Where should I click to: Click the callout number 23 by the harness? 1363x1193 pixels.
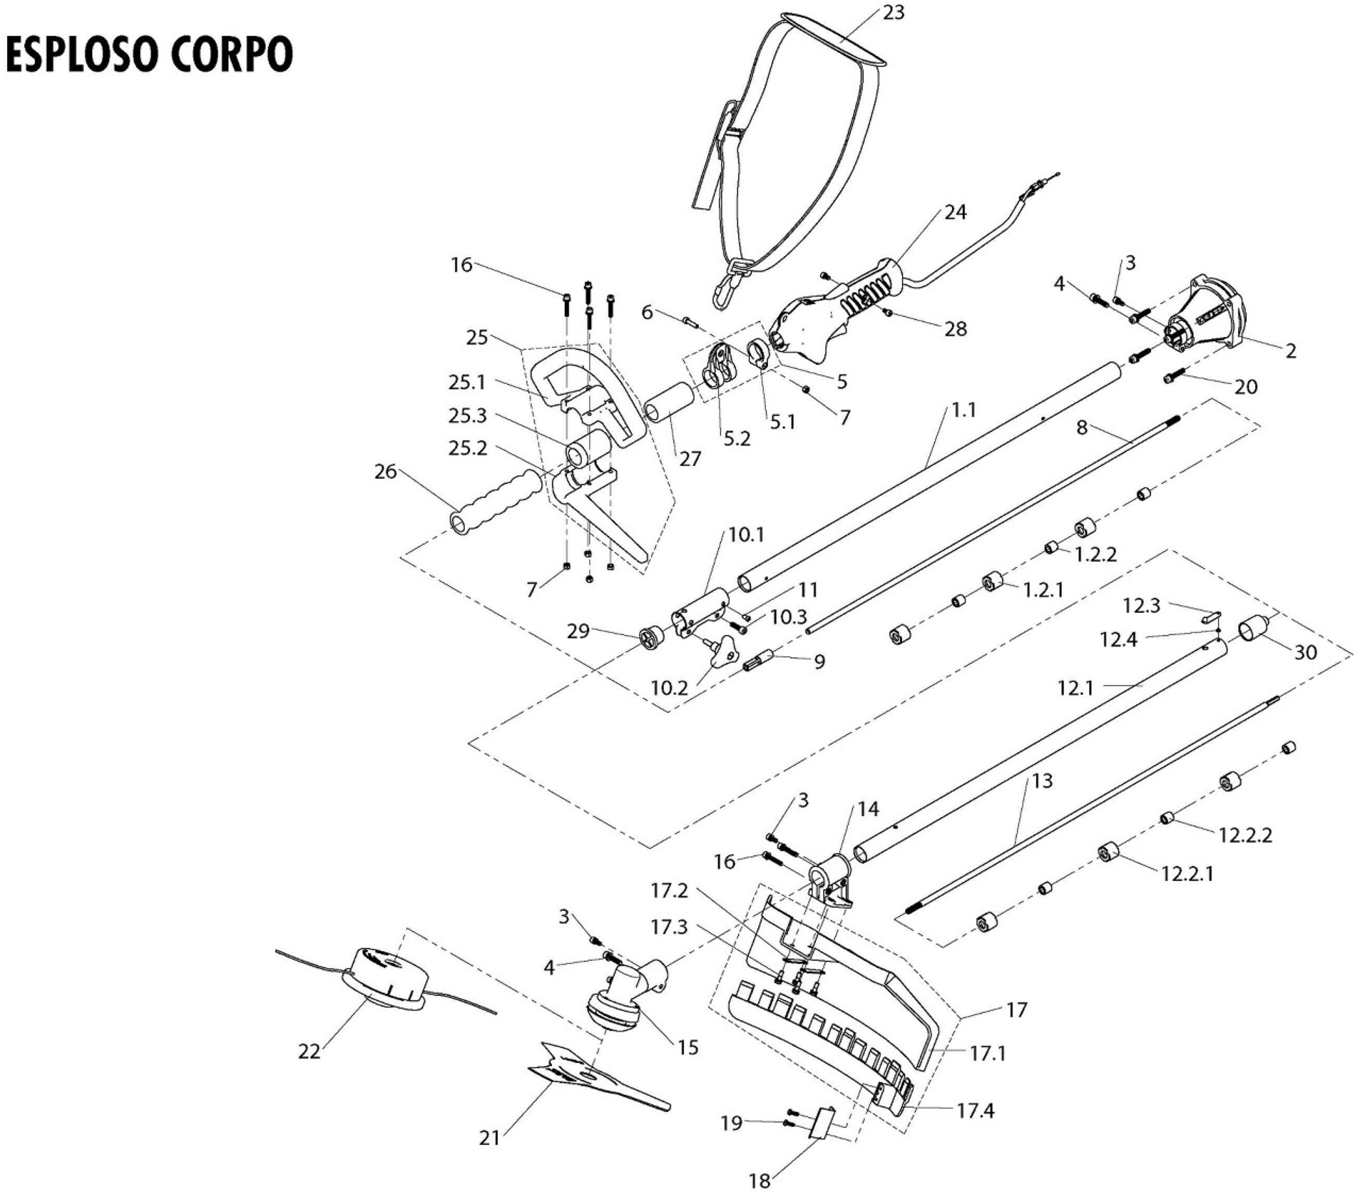893,13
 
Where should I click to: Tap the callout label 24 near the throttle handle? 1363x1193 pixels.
955,212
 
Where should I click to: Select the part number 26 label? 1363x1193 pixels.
385,472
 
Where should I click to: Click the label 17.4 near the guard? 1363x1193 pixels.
975,1111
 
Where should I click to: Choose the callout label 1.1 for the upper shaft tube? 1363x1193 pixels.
963,410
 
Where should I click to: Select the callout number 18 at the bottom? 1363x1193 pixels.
759,1181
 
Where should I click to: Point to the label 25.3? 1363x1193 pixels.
467,416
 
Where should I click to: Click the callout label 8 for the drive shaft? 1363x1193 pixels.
1082,427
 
